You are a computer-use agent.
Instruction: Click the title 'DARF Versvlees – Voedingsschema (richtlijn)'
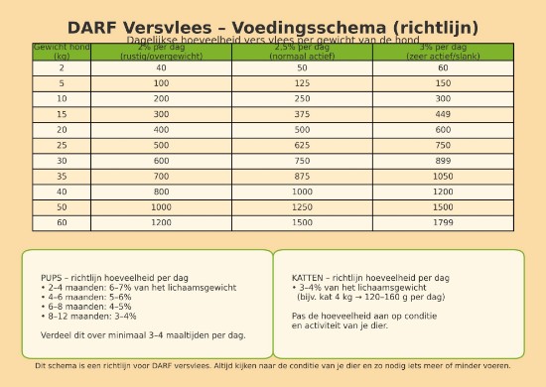[x=273, y=27]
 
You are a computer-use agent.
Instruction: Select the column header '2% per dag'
[x=161, y=52]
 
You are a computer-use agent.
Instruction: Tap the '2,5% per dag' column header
[x=303, y=52]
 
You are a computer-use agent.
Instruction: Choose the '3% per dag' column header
[x=443, y=52]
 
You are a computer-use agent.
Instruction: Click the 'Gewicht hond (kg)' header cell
[x=62, y=52]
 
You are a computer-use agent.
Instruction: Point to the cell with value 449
[x=443, y=114]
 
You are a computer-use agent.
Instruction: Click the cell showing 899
[x=443, y=161]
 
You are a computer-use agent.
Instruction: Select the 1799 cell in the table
[x=443, y=222]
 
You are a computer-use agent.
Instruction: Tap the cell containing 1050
[x=443, y=176]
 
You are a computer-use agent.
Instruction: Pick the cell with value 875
[x=303, y=176]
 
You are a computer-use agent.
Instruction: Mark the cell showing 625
[x=303, y=145]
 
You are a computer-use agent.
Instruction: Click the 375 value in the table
[x=303, y=114]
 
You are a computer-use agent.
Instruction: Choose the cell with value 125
[x=303, y=83]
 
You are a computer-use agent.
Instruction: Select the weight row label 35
[x=62, y=176]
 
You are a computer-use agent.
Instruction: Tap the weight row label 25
[x=62, y=145]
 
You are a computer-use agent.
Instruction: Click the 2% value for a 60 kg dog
[x=161, y=222]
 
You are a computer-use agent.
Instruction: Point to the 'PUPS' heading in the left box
[x=52, y=278]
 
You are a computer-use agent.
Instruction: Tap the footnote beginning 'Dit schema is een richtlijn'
[x=273, y=366]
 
